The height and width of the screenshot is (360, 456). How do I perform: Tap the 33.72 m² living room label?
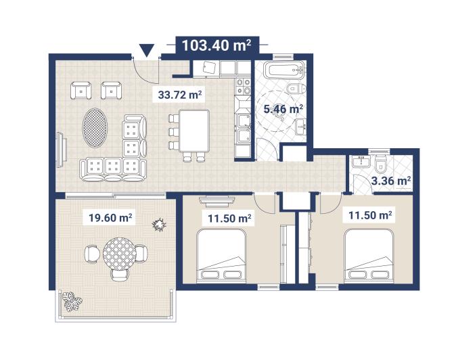tap(181, 95)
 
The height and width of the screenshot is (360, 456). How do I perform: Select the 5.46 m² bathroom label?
tap(282, 108)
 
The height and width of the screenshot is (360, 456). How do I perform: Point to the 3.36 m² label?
tap(391, 181)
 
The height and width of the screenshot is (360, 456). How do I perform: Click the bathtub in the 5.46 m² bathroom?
tap(281, 69)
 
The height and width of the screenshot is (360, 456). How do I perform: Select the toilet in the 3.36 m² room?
tap(381, 163)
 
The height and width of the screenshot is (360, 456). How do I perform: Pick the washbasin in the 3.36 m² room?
tap(360, 162)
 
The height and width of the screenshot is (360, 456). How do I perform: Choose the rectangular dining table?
tap(194, 131)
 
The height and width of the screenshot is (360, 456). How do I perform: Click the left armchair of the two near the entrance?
tap(81, 89)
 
